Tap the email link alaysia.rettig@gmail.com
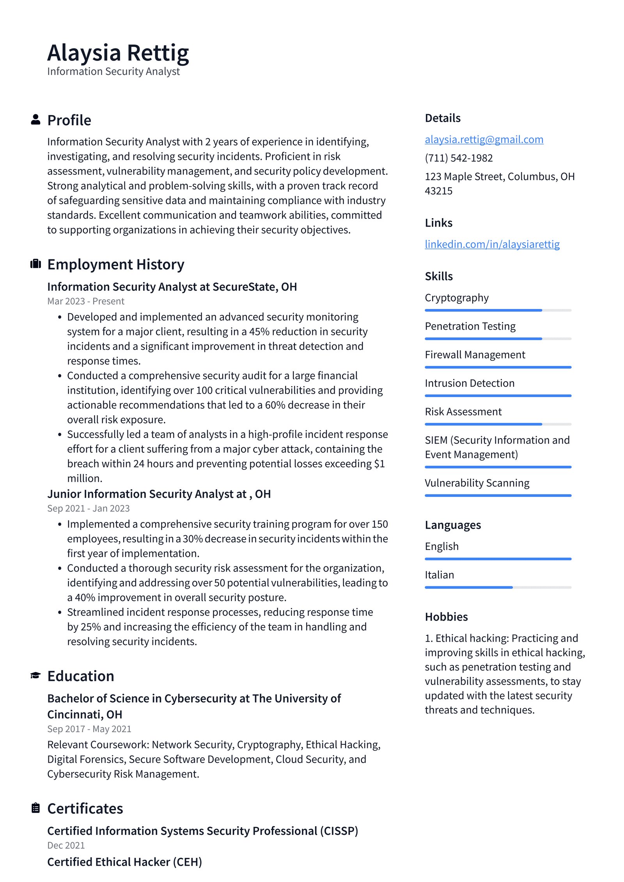click(484, 139)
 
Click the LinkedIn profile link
click(492, 244)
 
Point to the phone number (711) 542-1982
click(459, 158)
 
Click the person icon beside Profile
click(35, 120)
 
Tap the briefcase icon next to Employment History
click(35, 264)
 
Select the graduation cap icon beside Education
click(35, 675)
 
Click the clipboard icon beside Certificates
click(35, 808)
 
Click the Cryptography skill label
click(456, 298)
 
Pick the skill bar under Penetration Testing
click(498, 339)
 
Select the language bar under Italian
click(498, 587)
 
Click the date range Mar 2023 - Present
click(85, 301)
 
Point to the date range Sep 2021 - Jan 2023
click(88, 508)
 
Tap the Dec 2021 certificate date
click(66, 845)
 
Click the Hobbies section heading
click(446, 617)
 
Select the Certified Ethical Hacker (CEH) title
click(124, 862)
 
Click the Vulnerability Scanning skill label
click(477, 483)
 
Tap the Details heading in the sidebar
click(443, 118)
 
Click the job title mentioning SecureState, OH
click(172, 287)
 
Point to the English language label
click(441, 546)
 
